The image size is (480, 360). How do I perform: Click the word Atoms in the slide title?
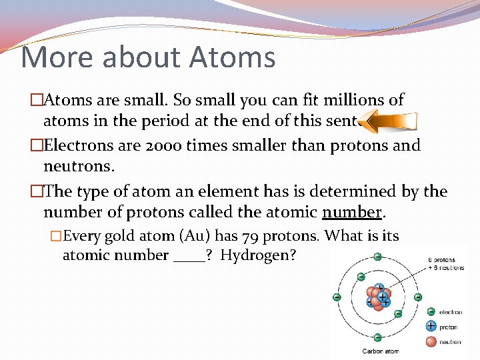[232, 57]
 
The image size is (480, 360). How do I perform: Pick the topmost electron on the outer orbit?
[378, 257]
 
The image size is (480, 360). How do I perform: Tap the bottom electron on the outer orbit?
[378, 338]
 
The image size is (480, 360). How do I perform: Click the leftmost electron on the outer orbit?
[337, 297]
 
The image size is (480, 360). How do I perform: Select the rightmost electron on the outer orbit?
[418, 297]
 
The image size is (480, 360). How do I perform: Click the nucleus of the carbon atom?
[378, 297]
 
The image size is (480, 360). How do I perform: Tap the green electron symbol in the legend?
[431, 311]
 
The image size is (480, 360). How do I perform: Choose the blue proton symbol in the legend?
[431, 327]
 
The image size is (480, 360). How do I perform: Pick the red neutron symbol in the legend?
[431, 342]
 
